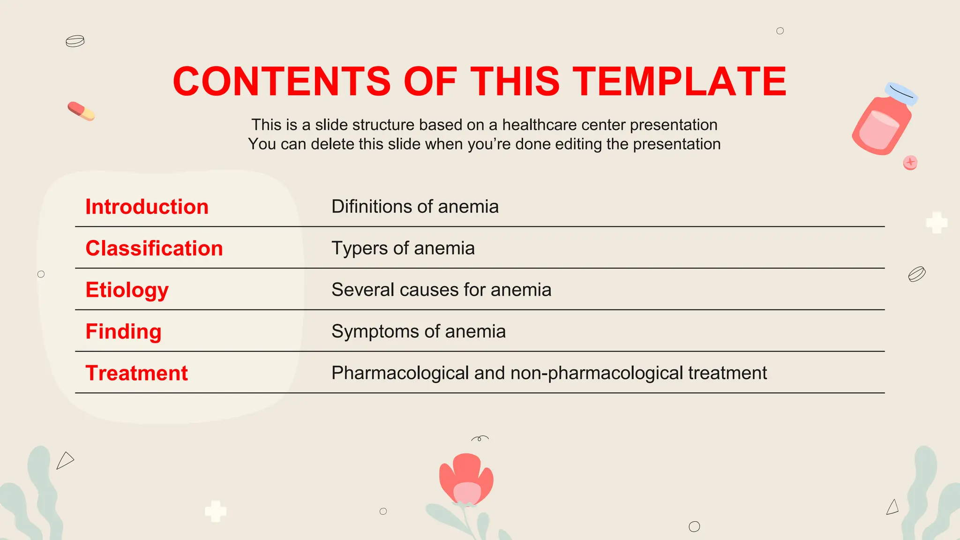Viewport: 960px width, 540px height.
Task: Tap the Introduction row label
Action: click(147, 207)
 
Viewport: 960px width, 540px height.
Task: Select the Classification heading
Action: click(154, 248)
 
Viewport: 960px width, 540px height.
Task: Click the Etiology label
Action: click(127, 290)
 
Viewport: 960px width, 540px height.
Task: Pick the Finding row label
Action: click(123, 332)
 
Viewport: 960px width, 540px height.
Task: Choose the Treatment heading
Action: click(136, 374)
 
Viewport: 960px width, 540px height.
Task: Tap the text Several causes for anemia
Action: click(441, 290)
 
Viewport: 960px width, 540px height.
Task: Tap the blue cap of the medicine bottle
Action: click(901, 93)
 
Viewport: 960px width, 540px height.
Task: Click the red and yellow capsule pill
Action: click(81, 111)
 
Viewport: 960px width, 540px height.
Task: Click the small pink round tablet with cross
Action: click(910, 162)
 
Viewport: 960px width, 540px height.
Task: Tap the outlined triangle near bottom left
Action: click(65, 460)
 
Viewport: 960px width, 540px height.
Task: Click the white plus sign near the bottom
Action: click(216, 511)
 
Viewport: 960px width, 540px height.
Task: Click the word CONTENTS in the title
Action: click(281, 82)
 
